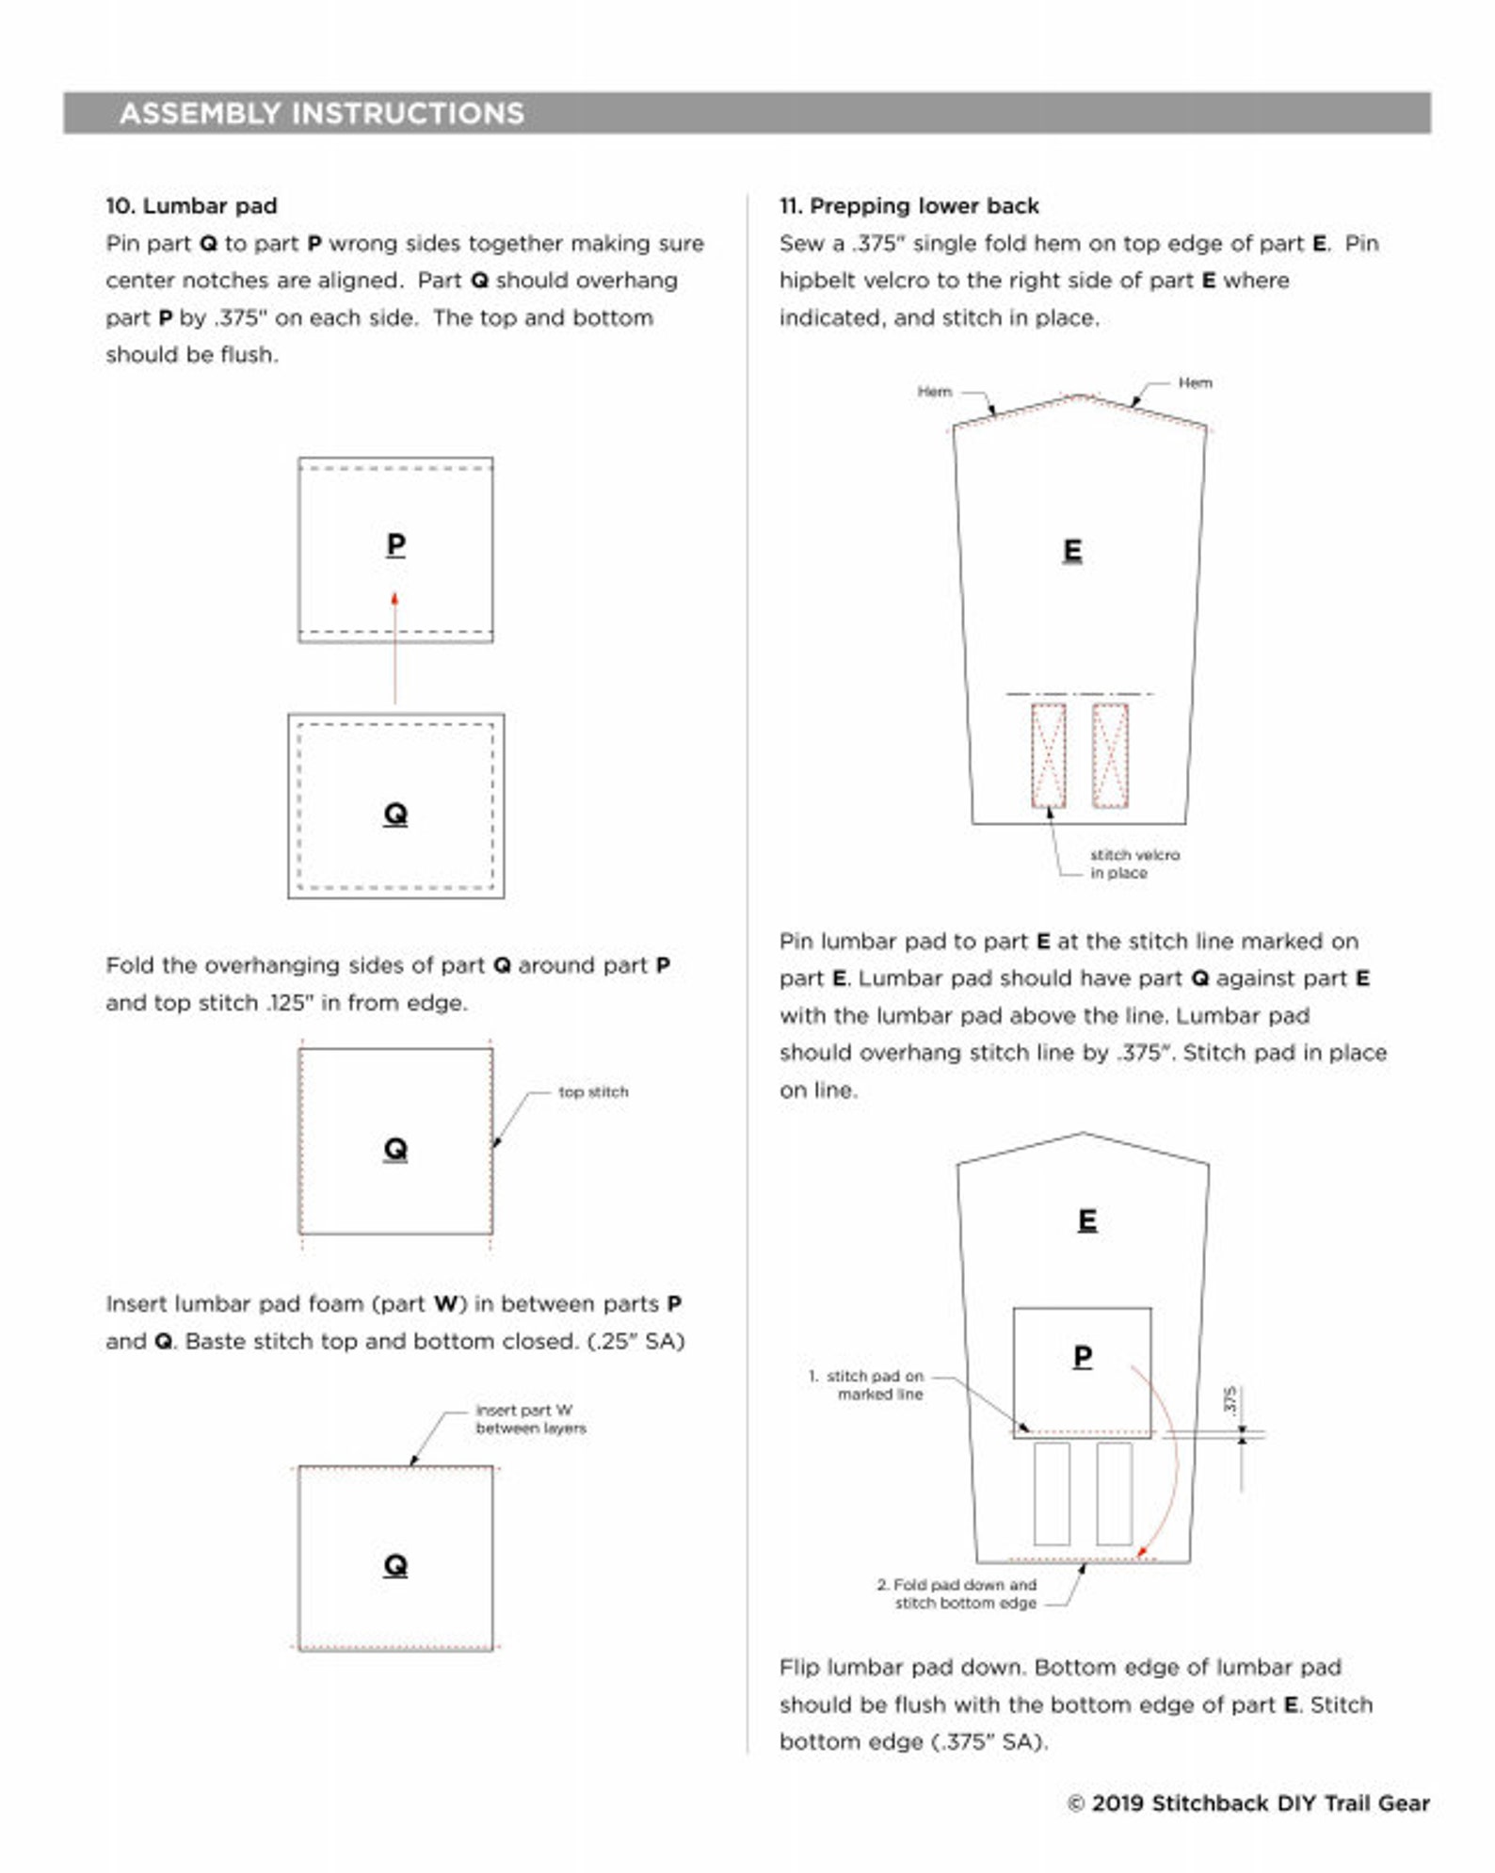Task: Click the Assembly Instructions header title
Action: pyautogui.click(x=321, y=113)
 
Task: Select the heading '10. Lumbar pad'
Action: pyautogui.click(x=191, y=205)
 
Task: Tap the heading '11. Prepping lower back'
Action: pyautogui.click(x=908, y=205)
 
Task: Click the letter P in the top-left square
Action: pyautogui.click(x=395, y=544)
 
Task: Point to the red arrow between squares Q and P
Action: pyautogui.click(x=394, y=648)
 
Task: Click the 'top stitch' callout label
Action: pyautogui.click(x=593, y=1091)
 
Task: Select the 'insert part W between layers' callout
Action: pyautogui.click(x=531, y=1418)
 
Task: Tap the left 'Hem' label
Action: pyautogui.click(x=935, y=391)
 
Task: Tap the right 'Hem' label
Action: pyautogui.click(x=1195, y=382)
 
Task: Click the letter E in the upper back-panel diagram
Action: pyautogui.click(x=1072, y=550)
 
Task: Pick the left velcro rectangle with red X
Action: pyautogui.click(x=1049, y=755)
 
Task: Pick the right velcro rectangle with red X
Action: pyautogui.click(x=1110, y=755)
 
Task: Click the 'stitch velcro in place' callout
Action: pyautogui.click(x=1134, y=864)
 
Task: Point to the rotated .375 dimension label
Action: pyautogui.click(x=1230, y=1399)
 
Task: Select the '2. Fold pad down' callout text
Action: pyautogui.click(x=956, y=1593)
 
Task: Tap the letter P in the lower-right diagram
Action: pyautogui.click(x=1083, y=1356)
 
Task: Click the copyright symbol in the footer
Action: pyautogui.click(x=1076, y=1803)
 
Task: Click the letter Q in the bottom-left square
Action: pyautogui.click(x=395, y=1565)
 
